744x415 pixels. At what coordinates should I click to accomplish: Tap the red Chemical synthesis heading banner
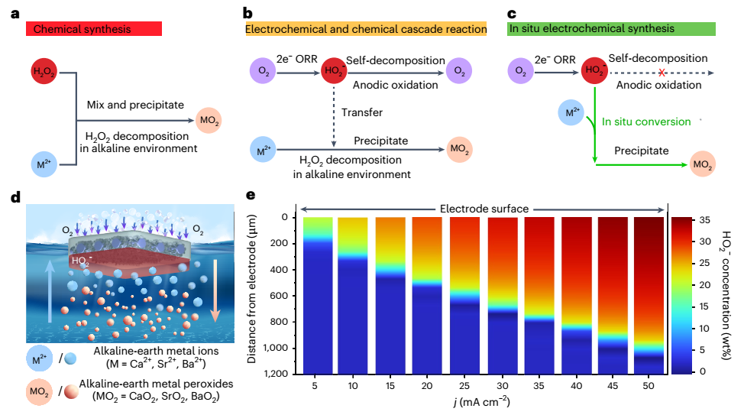(x=93, y=29)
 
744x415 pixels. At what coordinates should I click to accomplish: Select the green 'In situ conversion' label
(x=646, y=122)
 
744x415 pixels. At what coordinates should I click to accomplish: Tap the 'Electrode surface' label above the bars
(x=484, y=207)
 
